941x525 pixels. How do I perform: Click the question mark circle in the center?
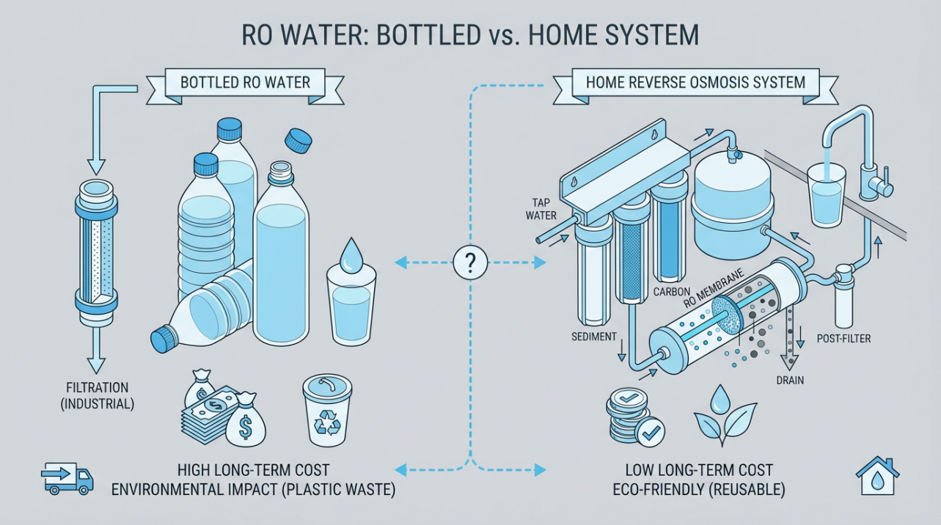[469, 262]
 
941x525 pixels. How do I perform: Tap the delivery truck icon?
[67, 478]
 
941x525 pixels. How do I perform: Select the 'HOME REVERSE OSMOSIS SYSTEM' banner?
[695, 81]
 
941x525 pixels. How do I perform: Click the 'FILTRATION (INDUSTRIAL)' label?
[98, 394]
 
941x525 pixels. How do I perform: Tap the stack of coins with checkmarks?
[626, 415]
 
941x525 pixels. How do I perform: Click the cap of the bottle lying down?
[161, 340]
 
